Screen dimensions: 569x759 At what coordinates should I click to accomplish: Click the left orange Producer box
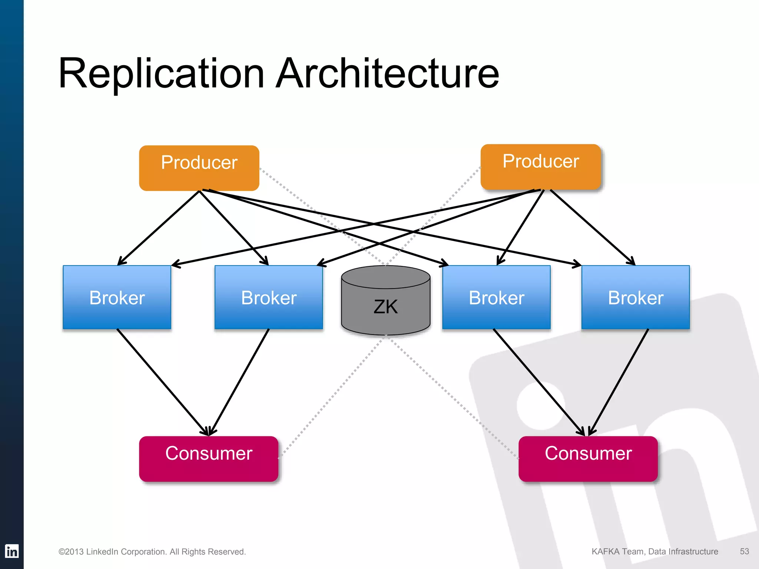(199, 168)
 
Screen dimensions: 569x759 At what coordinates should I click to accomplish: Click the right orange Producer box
(540, 167)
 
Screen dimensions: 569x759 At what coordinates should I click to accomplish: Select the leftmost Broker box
(117, 297)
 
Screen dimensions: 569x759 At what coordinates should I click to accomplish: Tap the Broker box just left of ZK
(269, 297)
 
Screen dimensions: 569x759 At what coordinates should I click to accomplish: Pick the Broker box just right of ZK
(496, 297)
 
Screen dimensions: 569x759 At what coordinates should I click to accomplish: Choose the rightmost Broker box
(636, 297)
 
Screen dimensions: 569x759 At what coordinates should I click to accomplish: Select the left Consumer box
(209, 459)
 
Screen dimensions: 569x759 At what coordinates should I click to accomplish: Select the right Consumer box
(588, 459)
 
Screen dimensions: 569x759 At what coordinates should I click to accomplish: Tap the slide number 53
(744, 551)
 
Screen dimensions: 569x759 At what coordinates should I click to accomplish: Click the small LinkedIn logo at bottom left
(11, 551)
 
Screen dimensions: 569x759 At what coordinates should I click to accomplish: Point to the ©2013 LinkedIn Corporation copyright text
(152, 552)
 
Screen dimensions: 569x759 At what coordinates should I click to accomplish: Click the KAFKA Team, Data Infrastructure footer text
(654, 551)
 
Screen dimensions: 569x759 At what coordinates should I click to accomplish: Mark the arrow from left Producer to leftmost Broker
(159, 227)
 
